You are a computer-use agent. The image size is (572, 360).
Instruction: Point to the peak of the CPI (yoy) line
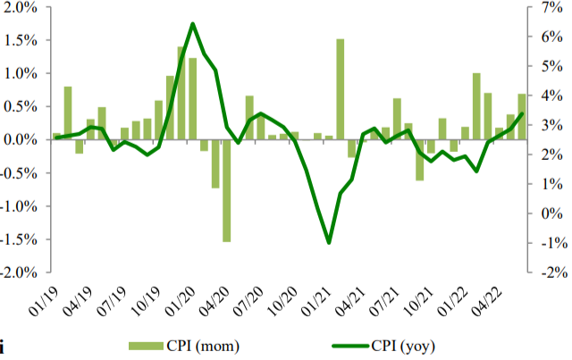(x=193, y=24)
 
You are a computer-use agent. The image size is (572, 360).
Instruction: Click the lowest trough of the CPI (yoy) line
(x=329, y=242)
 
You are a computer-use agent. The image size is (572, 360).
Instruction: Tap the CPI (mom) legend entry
(x=183, y=345)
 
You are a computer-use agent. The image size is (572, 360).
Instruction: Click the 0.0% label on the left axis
(x=23, y=140)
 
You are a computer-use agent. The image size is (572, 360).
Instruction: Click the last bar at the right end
(x=522, y=117)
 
